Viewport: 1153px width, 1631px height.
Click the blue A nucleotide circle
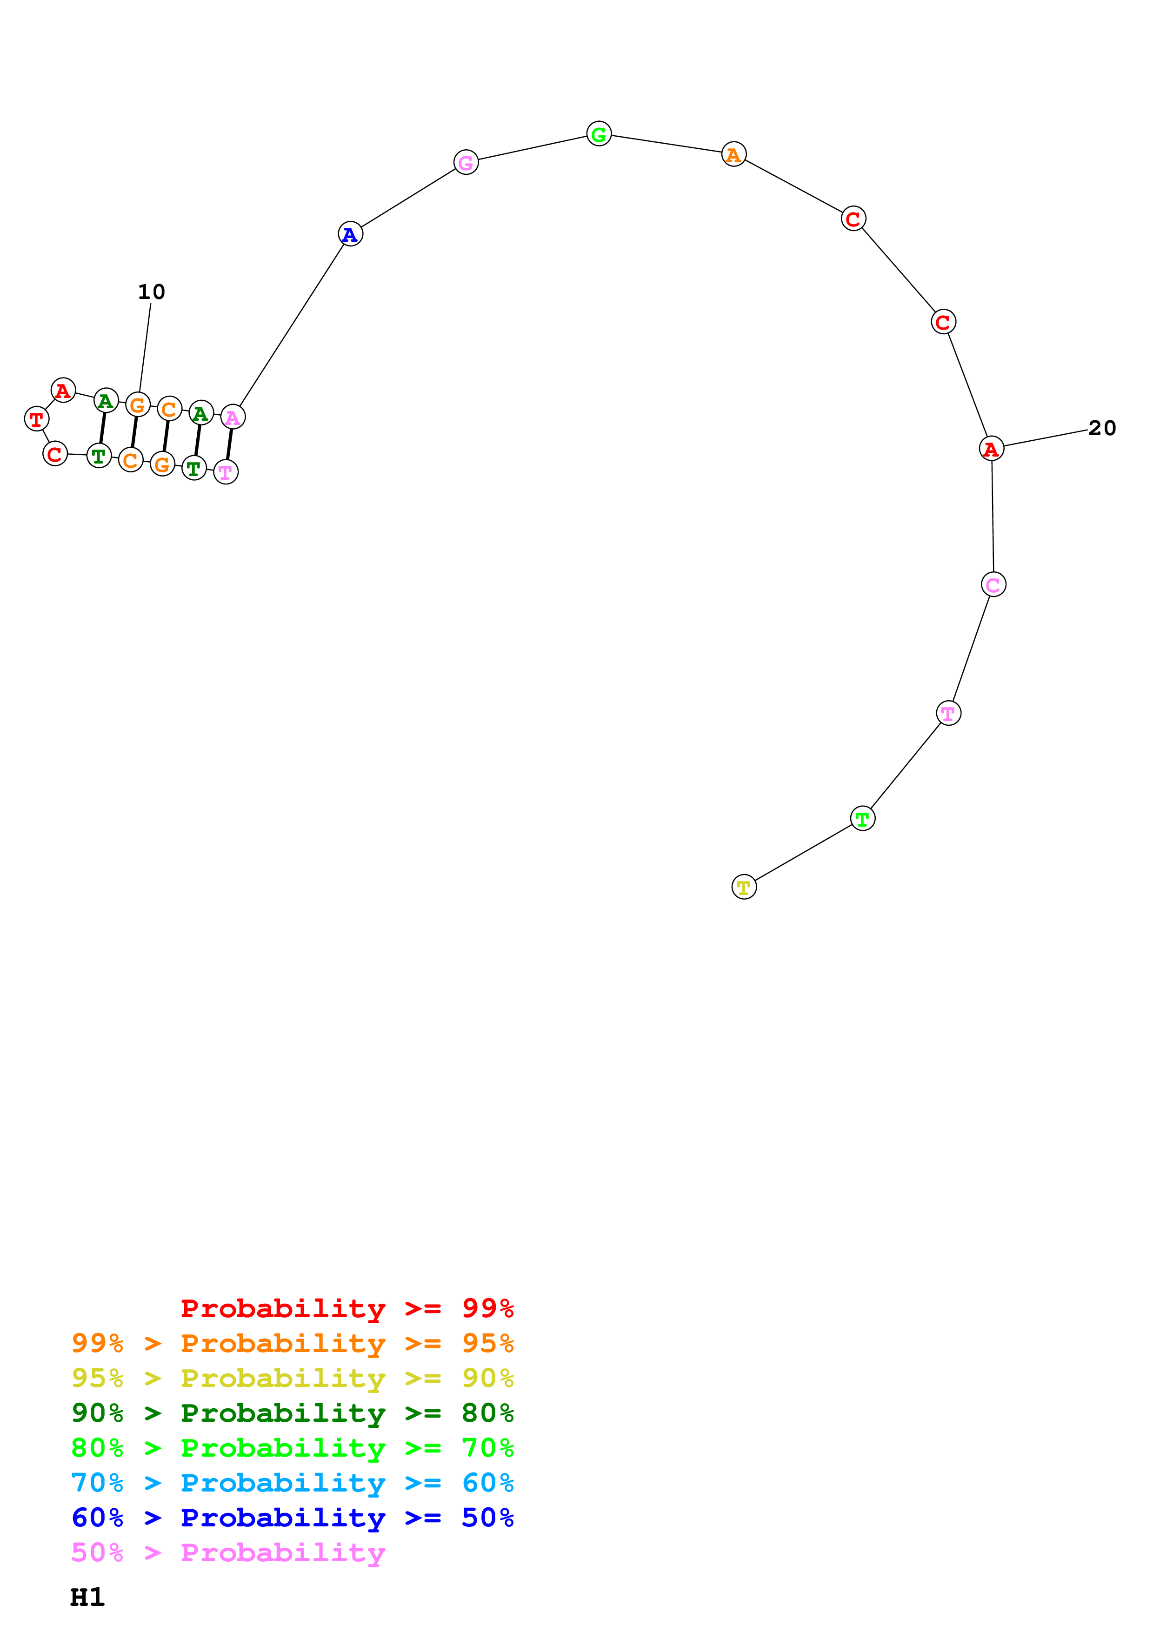(350, 234)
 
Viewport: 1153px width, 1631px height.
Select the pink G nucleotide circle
(466, 163)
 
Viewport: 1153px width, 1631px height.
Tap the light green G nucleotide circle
(599, 133)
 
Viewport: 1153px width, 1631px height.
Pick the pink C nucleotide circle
(993, 584)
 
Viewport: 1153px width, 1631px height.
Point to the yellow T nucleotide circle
(744, 887)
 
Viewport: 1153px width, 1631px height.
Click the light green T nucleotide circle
(862, 818)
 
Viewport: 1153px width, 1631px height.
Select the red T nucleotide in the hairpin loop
(36, 419)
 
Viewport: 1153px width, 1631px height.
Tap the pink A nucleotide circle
(232, 417)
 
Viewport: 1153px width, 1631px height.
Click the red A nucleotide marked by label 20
(991, 449)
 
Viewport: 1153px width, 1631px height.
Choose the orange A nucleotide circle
(734, 154)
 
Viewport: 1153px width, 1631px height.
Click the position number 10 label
(151, 292)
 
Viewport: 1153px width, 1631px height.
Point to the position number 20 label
(1102, 428)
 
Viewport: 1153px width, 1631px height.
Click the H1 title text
(87, 1597)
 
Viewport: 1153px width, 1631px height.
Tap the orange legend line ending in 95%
(293, 1343)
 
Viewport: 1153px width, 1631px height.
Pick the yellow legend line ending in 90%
(293, 1378)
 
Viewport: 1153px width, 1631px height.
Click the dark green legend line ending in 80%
(293, 1413)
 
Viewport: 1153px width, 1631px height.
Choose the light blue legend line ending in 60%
(293, 1483)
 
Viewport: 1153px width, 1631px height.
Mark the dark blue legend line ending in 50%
(293, 1518)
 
